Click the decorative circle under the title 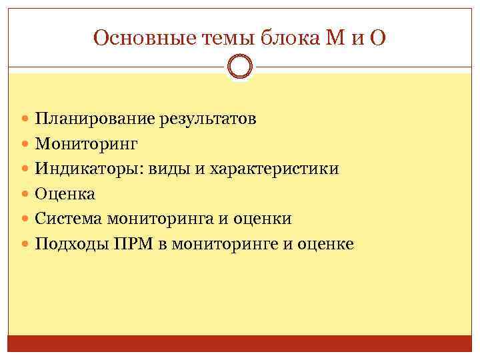pos(240,66)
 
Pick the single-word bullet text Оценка pos(65,194)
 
